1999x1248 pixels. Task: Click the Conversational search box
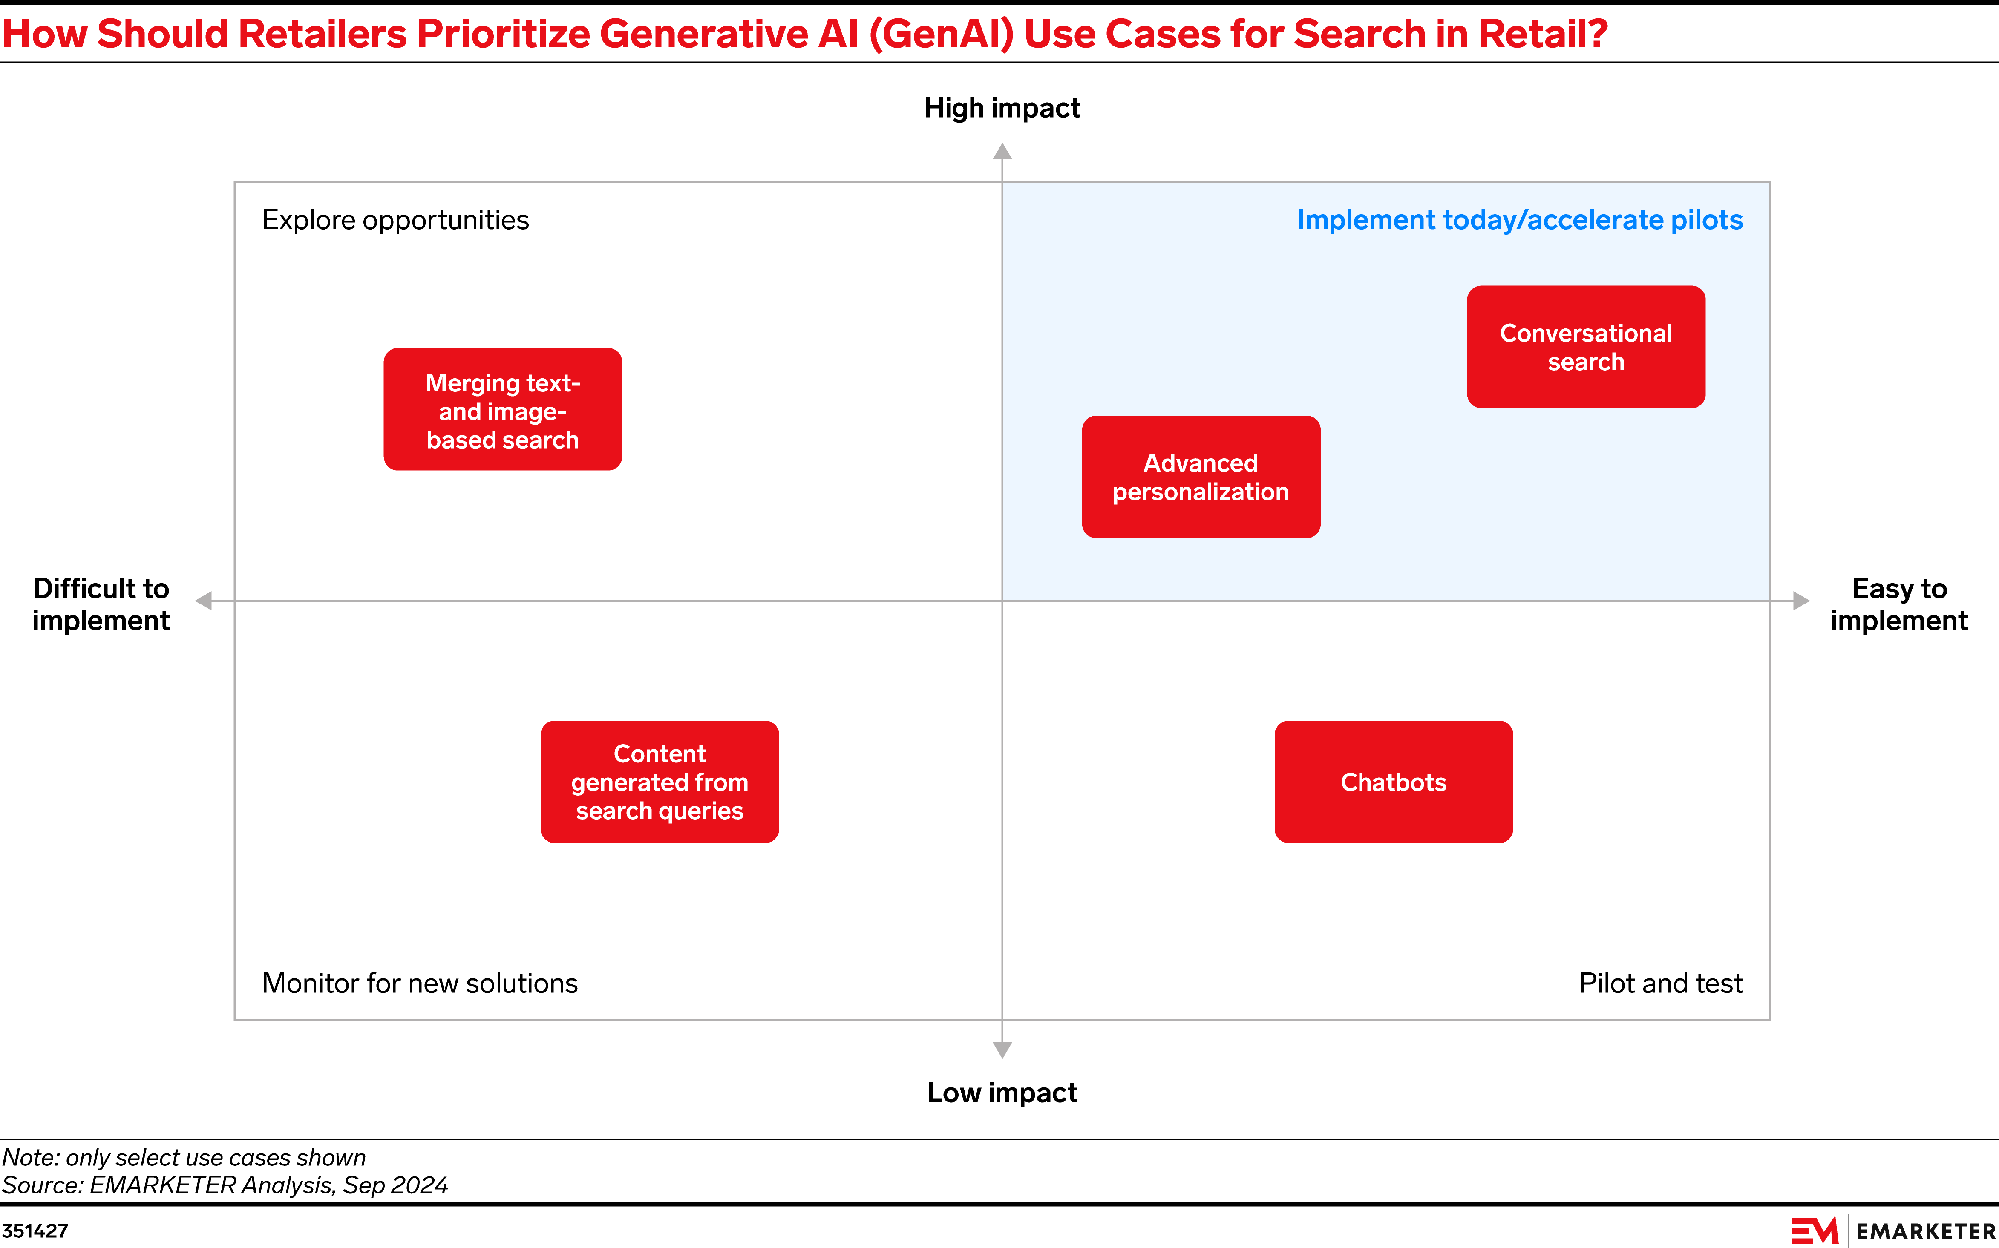point(1585,347)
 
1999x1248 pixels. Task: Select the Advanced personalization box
point(1201,477)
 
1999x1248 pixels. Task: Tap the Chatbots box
point(1393,782)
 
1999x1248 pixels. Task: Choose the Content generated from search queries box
point(660,782)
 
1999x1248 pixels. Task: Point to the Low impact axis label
point(1002,1092)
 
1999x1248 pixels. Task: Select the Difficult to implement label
point(101,604)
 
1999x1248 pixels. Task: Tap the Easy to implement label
point(1898,604)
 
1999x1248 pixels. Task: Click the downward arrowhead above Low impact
point(1002,1050)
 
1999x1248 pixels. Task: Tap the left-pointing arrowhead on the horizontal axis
point(204,601)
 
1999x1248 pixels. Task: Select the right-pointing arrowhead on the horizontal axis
point(1802,601)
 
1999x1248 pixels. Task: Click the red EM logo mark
point(1814,1231)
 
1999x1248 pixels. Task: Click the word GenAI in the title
point(941,35)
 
